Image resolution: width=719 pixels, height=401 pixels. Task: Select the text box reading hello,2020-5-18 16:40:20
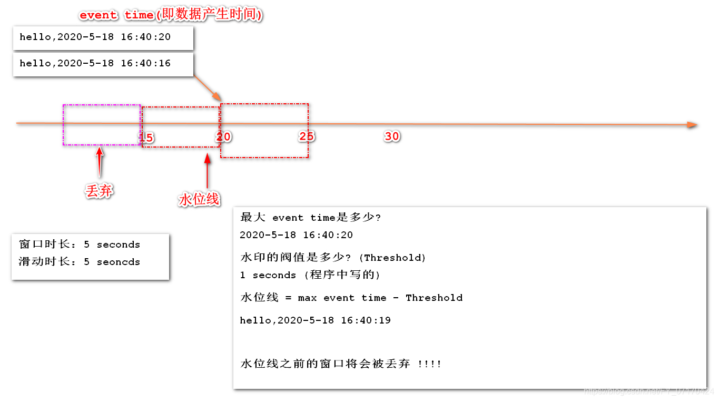(x=103, y=38)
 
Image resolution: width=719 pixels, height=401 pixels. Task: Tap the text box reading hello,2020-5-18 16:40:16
(x=103, y=64)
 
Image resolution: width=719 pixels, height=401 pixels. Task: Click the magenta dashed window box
(x=102, y=125)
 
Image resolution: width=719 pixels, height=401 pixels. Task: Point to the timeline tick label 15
(x=146, y=138)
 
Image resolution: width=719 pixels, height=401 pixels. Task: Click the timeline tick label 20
(x=224, y=137)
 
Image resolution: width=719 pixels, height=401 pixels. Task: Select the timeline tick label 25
(x=307, y=136)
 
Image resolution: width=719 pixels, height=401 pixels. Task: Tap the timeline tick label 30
(x=392, y=136)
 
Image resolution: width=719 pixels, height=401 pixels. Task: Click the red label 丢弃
(x=99, y=191)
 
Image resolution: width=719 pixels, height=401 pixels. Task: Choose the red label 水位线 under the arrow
(x=199, y=200)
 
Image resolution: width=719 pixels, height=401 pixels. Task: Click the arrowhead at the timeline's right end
(x=693, y=125)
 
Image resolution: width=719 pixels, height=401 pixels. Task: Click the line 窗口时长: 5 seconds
(x=80, y=244)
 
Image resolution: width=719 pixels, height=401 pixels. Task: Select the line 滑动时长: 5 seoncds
(x=80, y=262)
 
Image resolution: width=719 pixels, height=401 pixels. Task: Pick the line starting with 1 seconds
(x=310, y=275)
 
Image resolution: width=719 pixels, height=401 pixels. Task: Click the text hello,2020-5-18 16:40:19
(x=315, y=320)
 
